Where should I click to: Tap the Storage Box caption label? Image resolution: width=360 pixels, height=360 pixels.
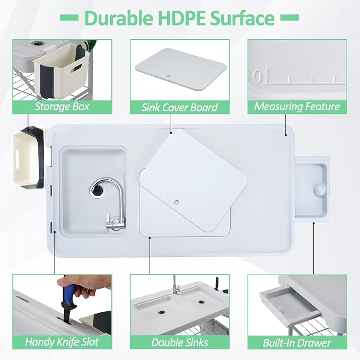62,107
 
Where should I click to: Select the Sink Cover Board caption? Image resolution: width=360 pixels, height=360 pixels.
180,108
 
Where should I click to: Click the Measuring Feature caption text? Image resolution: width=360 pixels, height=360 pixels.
297,107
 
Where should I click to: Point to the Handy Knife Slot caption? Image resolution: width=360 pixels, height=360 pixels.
62,342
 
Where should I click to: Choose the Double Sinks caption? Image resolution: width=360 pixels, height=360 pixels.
180,343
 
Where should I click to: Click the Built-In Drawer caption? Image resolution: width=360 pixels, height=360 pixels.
297,343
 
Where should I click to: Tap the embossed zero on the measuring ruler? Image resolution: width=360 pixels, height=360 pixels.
257,76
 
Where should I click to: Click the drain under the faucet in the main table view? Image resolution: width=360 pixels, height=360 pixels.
98,190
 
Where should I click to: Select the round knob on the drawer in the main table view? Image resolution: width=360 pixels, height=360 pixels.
319,189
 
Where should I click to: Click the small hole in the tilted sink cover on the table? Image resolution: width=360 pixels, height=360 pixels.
177,203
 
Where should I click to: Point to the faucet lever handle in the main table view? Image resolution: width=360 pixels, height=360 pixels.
108,221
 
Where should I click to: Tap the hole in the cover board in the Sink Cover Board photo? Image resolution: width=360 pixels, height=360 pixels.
169,75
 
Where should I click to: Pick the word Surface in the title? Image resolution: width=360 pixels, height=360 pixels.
242,17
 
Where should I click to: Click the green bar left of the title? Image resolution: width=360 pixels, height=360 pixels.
69,17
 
